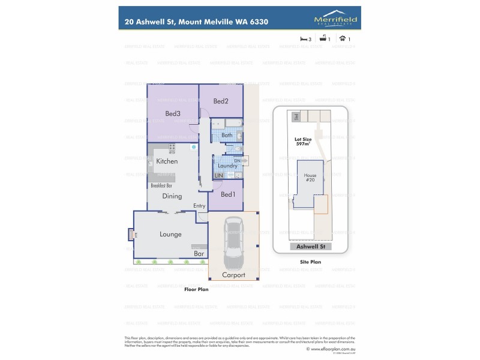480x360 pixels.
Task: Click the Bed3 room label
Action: tap(173, 113)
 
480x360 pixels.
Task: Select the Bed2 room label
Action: tap(221, 101)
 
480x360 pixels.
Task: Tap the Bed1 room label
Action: tap(228, 194)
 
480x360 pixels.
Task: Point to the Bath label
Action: tap(227, 136)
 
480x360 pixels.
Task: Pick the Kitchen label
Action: tap(167, 161)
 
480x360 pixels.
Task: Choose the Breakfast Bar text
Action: tap(162, 185)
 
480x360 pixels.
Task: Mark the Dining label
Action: tap(172, 196)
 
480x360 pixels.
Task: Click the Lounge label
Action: tap(170, 234)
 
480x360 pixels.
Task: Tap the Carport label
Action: tap(233, 275)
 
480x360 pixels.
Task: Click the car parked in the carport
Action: tap(233, 244)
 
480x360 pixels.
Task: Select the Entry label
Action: tap(199, 206)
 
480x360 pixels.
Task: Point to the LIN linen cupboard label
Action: tap(219, 175)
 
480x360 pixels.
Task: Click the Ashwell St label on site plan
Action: tap(310, 247)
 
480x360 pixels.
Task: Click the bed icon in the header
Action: tap(304, 38)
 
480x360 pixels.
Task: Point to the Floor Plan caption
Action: tap(197, 289)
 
